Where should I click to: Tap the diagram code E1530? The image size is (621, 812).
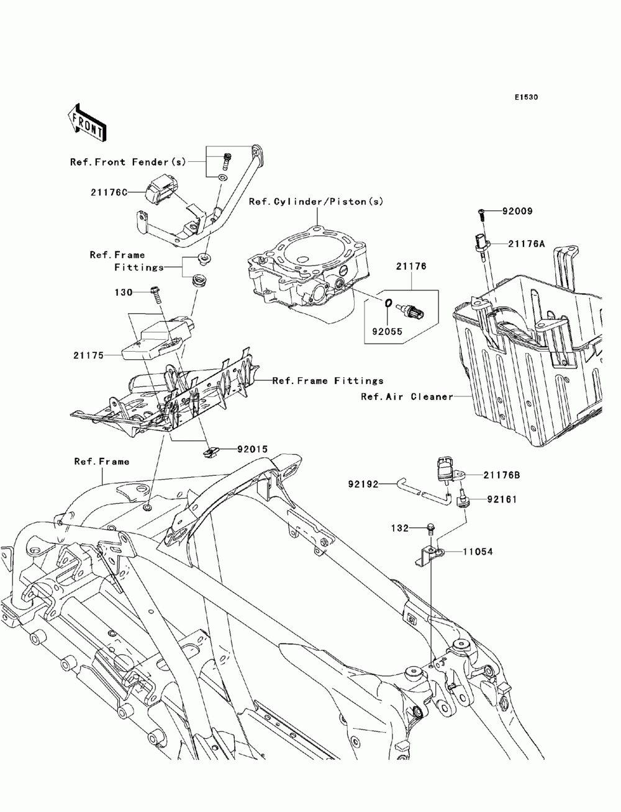click(525, 97)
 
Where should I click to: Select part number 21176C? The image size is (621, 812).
click(107, 193)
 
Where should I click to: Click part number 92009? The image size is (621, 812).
click(519, 212)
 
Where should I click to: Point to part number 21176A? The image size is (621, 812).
click(527, 244)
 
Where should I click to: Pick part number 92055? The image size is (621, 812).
click(387, 331)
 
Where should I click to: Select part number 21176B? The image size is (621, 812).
click(502, 475)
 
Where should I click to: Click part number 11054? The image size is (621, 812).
click(476, 551)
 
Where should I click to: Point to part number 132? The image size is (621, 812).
click(400, 528)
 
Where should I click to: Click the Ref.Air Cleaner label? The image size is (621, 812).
click(407, 396)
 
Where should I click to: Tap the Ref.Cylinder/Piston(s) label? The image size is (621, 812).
click(316, 202)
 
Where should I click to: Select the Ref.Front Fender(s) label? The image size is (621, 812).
click(128, 162)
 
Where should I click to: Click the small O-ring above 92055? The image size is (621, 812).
click(387, 304)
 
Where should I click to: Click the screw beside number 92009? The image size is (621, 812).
click(483, 213)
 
